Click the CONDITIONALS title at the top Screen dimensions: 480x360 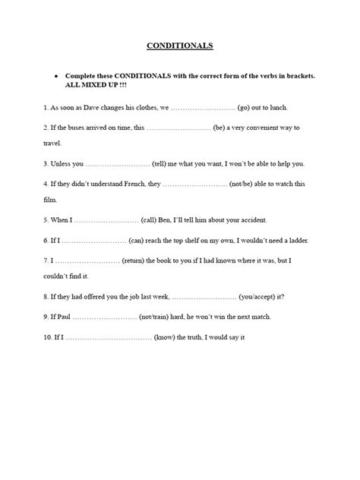coord(179,46)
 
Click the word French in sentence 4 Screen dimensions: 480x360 coord(129,183)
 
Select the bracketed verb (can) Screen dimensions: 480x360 coord(141,240)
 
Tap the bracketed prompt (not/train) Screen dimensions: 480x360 coord(158,317)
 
